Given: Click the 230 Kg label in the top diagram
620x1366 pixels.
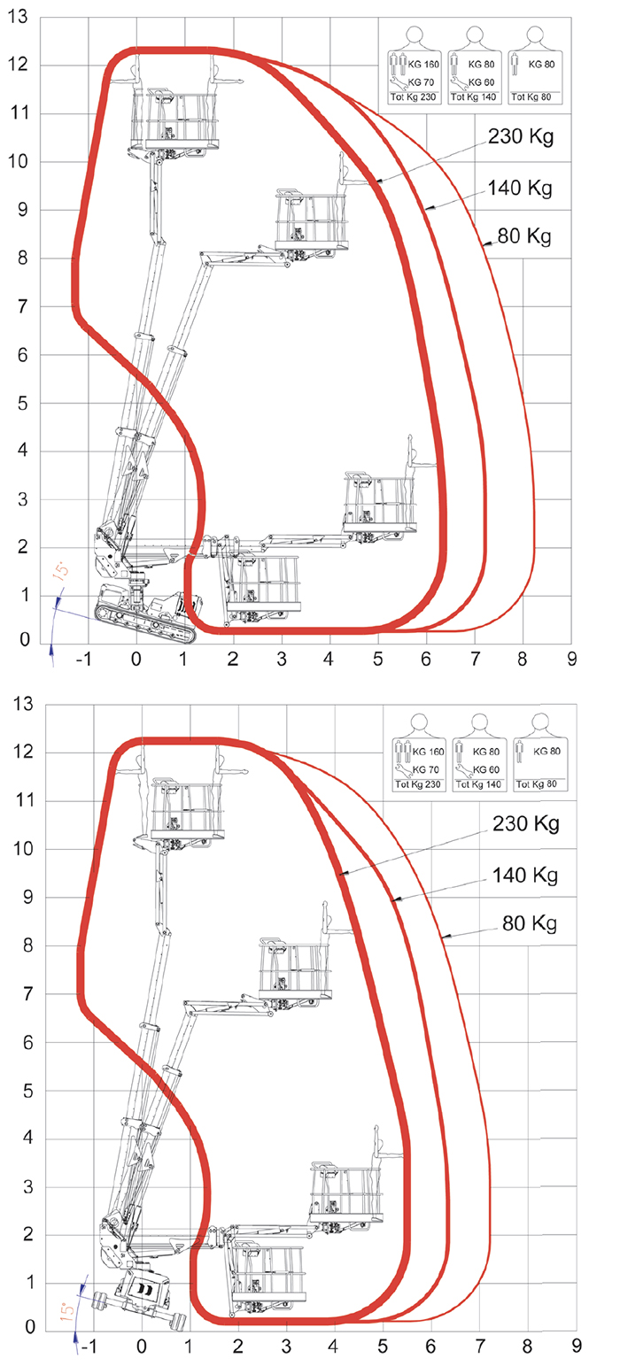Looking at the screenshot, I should pos(521,139).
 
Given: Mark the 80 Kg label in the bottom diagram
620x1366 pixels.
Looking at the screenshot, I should pos(529,923).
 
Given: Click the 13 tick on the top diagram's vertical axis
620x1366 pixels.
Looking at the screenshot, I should pos(18,17).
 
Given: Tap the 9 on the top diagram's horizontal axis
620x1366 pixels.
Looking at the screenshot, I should pos(571,659).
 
